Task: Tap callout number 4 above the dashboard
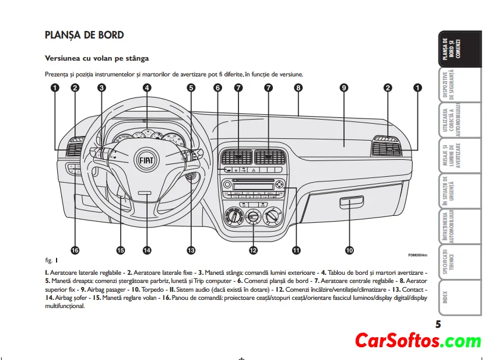pos(147,88)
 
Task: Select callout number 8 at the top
pos(298,88)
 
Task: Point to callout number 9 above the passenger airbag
pos(344,88)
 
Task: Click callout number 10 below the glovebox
pos(349,250)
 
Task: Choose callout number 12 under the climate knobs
pos(253,250)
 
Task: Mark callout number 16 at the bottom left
pos(75,250)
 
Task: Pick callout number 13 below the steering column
pos(191,250)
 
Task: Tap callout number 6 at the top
pos(217,88)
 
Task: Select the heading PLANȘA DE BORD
pos(85,35)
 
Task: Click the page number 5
pos(438,324)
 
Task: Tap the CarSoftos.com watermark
pos(419,341)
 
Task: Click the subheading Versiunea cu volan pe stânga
pos(97,58)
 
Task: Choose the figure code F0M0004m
pos(417,255)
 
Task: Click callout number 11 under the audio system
pos(296,250)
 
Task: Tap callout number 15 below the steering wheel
pos(120,250)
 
